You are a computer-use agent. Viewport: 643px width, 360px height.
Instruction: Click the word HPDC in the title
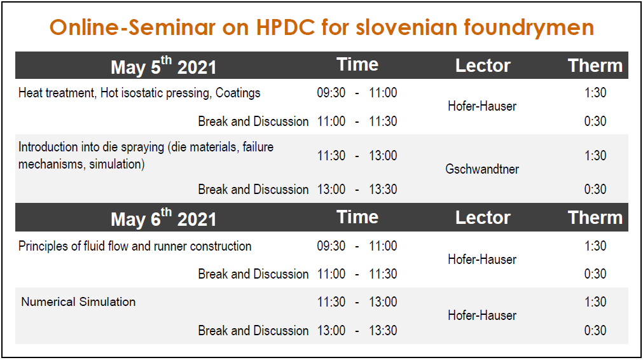(x=286, y=27)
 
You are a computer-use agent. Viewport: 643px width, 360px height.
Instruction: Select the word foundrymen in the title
(x=529, y=28)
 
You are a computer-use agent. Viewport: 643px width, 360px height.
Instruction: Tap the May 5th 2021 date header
(x=163, y=66)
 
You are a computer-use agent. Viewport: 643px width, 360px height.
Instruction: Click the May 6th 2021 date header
(x=163, y=218)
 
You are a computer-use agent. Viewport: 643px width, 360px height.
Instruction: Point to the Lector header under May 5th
(x=483, y=66)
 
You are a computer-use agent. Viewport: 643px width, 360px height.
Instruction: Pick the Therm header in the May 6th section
(x=595, y=218)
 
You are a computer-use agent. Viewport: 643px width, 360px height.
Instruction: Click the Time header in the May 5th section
(x=357, y=64)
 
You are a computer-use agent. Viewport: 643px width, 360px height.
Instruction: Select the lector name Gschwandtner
(x=482, y=169)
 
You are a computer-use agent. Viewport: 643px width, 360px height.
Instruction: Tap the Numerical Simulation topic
(x=78, y=301)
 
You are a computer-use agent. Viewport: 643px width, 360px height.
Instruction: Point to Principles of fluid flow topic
(x=135, y=246)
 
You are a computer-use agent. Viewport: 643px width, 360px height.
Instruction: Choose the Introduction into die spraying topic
(x=146, y=155)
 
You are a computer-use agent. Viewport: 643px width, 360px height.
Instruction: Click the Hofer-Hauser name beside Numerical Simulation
(x=482, y=315)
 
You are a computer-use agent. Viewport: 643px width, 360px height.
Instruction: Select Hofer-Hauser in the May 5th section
(x=482, y=106)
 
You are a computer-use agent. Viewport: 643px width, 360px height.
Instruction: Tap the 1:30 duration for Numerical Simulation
(x=595, y=301)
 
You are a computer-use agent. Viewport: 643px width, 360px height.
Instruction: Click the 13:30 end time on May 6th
(x=383, y=331)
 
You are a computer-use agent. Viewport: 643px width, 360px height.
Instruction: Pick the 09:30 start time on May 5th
(x=331, y=93)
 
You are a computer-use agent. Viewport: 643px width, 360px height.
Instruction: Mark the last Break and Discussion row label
(x=253, y=331)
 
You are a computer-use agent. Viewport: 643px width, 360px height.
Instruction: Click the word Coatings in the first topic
(x=238, y=93)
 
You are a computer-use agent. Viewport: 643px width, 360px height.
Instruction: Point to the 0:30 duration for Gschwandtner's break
(x=595, y=190)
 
